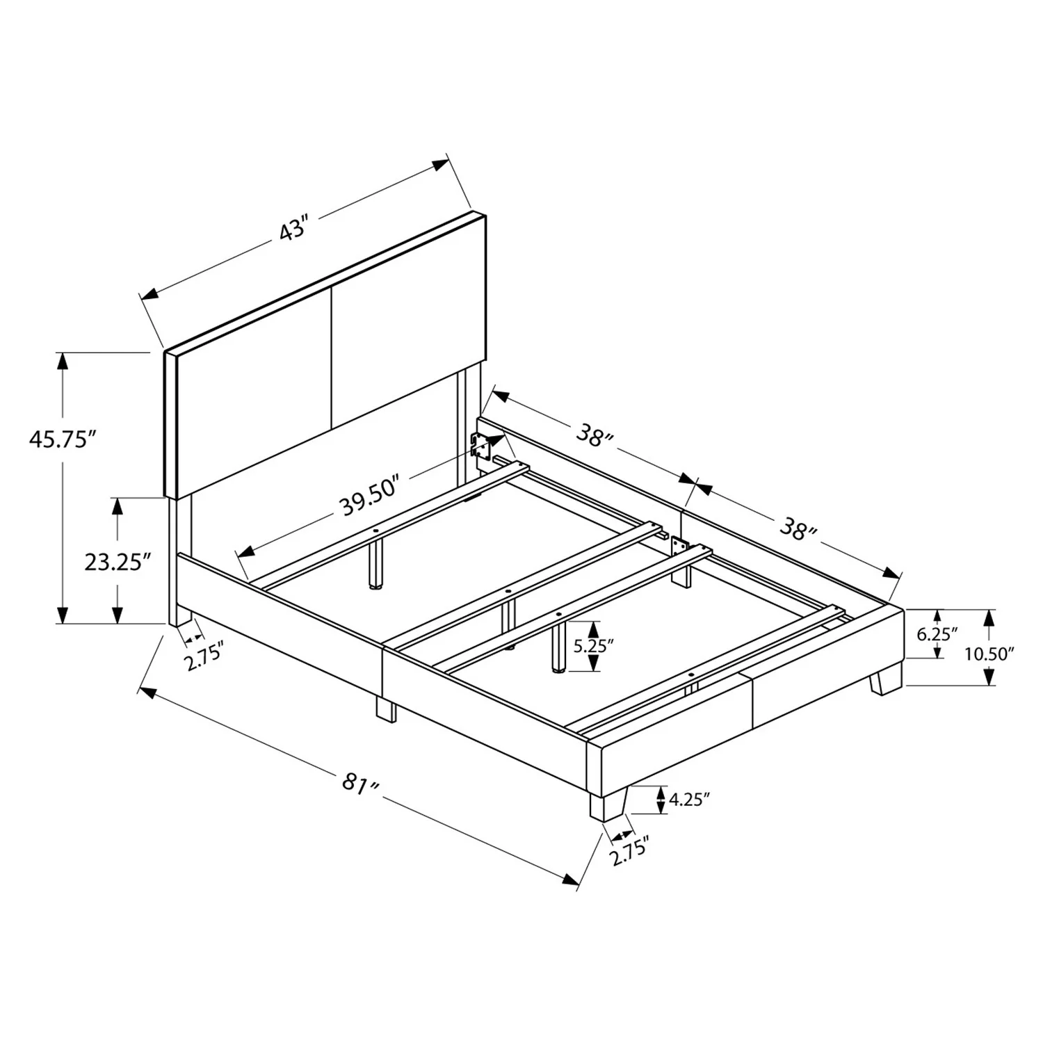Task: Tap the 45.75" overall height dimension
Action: [61, 439]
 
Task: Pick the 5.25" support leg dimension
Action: [593, 645]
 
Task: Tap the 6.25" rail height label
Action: [937, 633]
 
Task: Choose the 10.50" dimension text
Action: [989, 653]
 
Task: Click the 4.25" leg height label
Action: [689, 800]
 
